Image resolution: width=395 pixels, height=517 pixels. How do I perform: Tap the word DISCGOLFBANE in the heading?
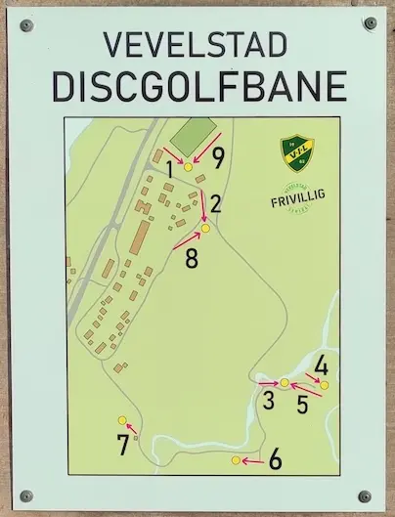(x=197, y=86)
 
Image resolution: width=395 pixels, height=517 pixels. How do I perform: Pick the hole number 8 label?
(x=191, y=259)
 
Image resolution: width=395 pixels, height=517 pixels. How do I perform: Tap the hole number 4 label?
(x=321, y=368)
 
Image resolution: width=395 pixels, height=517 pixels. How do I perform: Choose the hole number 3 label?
(x=267, y=399)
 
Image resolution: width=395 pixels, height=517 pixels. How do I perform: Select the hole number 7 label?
(x=122, y=446)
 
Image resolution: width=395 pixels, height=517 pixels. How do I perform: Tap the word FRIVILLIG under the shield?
(x=297, y=202)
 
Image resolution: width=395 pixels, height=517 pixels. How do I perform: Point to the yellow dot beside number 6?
(x=236, y=460)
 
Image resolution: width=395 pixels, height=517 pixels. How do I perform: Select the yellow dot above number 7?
(x=122, y=420)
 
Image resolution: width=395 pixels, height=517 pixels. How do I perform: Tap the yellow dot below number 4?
(x=325, y=385)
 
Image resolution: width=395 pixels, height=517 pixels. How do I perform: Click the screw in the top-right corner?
(x=369, y=22)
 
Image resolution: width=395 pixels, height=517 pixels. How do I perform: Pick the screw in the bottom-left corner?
(x=26, y=495)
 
